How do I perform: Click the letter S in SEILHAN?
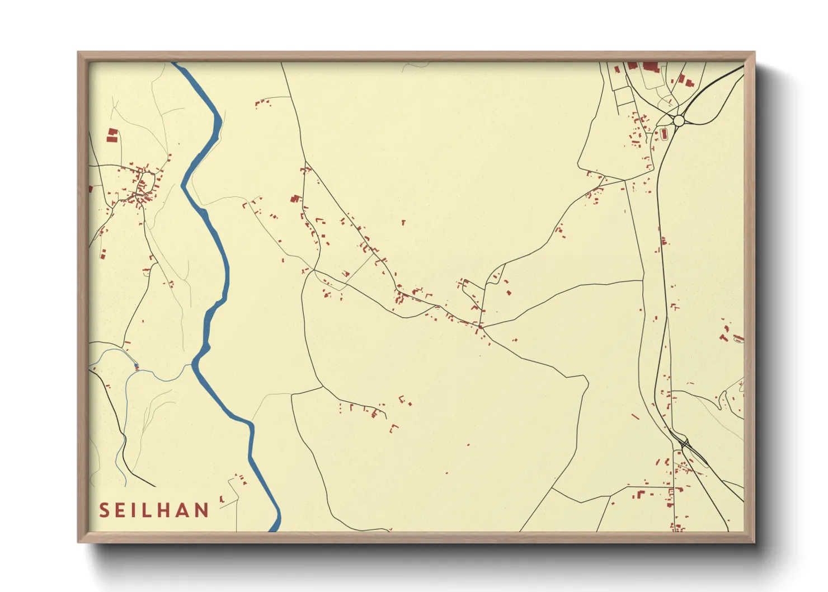[x=104, y=510]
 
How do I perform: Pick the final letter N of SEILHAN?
[x=202, y=510]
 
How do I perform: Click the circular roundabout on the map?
[x=679, y=120]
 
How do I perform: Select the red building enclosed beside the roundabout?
[x=665, y=134]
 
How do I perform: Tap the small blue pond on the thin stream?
[x=136, y=367]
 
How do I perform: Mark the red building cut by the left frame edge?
[x=91, y=190]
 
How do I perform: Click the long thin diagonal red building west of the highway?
[x=635, y=416]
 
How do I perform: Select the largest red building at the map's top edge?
[x=650, y=67]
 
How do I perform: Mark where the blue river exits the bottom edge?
[x=274, y=529]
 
